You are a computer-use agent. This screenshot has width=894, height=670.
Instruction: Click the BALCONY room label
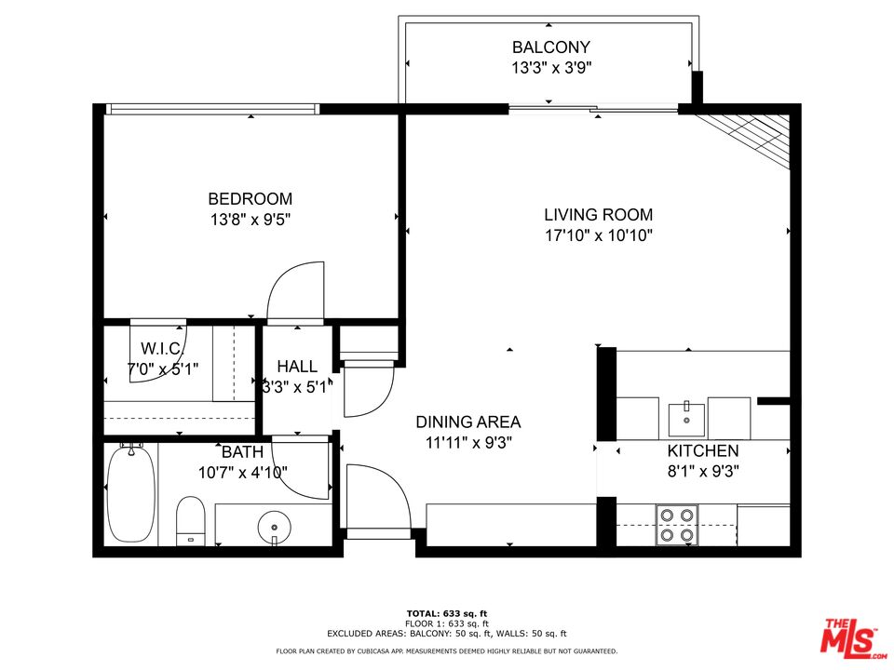click(550, 47)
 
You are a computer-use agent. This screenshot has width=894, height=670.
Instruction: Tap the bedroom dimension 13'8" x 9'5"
click(250, 221)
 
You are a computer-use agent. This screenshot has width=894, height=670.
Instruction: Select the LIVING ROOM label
click(598, 215)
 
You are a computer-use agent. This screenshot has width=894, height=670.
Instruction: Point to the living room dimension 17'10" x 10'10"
click(598, 236)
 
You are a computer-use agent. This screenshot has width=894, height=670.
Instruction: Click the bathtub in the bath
click(130, 493)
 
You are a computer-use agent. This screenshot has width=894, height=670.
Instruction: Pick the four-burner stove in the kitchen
click(677, 524)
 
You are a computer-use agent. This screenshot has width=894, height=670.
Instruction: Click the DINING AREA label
click(467, 422)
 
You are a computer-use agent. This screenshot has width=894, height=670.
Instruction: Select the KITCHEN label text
click(703, 451)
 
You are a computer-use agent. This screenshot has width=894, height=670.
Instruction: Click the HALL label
click(297, 367)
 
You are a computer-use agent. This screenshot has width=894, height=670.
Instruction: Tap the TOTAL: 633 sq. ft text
click(446, 613)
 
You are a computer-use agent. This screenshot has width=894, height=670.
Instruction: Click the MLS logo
click(848, 636)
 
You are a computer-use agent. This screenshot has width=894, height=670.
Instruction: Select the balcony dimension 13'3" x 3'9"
click(550, 68)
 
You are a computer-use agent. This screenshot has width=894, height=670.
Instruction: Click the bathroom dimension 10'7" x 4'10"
click(242, 473)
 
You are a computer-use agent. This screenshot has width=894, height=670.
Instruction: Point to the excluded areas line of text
click(446, 633)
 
